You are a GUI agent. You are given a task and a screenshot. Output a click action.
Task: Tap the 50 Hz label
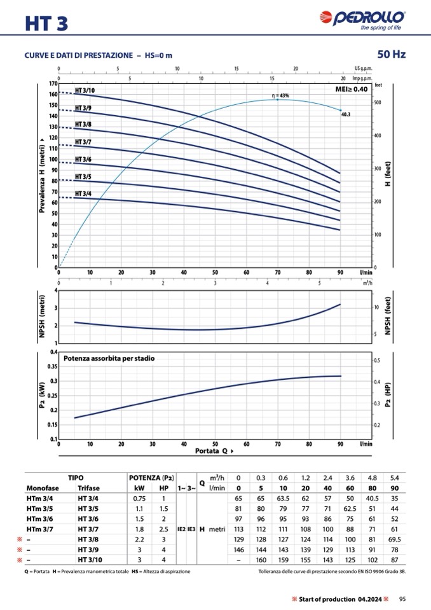391,54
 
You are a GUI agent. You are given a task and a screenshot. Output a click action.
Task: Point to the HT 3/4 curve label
83,193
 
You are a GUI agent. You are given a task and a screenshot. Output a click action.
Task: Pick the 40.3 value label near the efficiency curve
346,114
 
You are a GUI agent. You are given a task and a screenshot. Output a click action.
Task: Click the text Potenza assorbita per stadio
113,358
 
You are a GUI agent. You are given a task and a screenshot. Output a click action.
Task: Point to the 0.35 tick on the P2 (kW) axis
50,366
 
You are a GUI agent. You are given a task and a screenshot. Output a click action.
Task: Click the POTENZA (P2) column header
151,477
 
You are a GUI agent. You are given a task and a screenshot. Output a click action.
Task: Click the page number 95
402,599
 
